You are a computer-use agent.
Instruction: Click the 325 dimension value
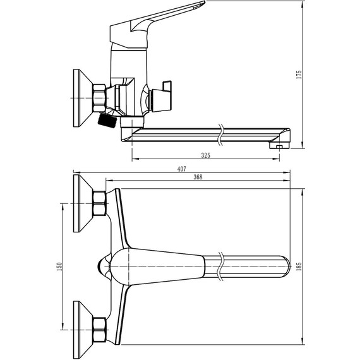(x=205, y=155)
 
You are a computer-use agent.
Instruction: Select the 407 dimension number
(x=182, y=169)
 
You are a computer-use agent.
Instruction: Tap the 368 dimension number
(x=198, y=177)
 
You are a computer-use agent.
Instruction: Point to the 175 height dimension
(x=299, y=75)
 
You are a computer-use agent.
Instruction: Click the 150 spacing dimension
(x=59, y=267)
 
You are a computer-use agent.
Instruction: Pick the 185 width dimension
(x=299, y=267)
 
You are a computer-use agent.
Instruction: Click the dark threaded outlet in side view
(x=107, y=121)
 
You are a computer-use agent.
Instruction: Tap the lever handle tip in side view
(x=204, y=3)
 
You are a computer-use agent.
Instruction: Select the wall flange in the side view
(x=82, y=98)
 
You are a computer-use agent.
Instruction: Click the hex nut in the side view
(x=99, y=99)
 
